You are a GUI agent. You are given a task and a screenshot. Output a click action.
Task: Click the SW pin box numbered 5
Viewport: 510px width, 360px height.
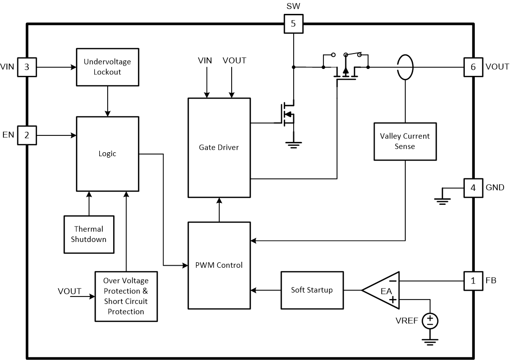coord(293,24)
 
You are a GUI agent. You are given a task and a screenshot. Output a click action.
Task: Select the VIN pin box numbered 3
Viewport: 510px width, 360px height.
coord(27,67)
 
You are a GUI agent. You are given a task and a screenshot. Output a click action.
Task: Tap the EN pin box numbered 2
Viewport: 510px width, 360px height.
coord(27,135)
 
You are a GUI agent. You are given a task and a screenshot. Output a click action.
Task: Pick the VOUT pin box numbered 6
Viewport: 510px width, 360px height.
coord(473,67)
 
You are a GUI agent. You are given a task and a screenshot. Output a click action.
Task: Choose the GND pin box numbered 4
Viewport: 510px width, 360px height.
coord(473,188)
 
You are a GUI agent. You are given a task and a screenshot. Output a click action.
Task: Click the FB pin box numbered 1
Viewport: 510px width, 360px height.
coord(473,281)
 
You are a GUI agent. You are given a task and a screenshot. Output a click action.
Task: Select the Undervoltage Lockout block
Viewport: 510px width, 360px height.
coord(107,67)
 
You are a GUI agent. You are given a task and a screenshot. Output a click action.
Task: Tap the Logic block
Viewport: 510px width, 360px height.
coord(107,154)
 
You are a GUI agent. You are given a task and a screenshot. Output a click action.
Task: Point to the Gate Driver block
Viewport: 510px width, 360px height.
coord(219,147)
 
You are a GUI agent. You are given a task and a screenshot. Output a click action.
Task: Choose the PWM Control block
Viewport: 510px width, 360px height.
coord(219,265)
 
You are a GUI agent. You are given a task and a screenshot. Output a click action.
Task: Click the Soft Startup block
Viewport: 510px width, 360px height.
coord(312,290)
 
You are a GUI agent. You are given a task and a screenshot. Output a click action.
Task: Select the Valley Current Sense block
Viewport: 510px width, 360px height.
coord(405,141)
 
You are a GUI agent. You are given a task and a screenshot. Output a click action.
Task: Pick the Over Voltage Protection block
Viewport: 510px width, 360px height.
coord(127,296)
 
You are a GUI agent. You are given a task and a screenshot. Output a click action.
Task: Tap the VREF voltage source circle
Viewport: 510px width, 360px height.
coord(430,321)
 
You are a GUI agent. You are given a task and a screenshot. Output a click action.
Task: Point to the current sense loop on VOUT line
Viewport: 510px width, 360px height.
coord(405,67)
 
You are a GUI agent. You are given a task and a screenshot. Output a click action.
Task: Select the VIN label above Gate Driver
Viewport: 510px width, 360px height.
coord(205,60)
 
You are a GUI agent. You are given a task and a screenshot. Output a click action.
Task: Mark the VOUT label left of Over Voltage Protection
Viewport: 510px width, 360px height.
coord(69,291)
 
